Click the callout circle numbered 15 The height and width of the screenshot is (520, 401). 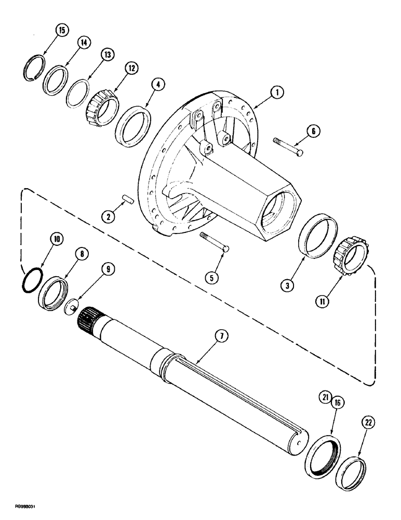(61, 31)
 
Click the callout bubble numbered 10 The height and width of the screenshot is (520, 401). (57, 239)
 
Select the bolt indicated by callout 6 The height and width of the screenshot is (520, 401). (289, 146)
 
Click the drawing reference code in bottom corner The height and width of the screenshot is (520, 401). (17, 512)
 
